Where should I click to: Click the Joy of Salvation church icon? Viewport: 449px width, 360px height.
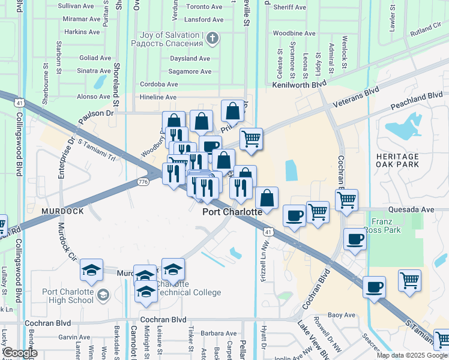(x=211, y=40)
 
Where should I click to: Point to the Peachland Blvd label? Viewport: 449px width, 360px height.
(x=417, y=100)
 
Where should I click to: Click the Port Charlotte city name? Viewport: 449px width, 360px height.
(x=232, y=212)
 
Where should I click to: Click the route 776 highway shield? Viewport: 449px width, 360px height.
(x=143, y=182)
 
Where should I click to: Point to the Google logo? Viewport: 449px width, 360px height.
(x=20, y=353)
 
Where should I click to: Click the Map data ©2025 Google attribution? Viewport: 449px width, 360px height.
(x=411, y=355)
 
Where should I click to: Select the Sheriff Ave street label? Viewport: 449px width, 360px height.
(x=288, y=7)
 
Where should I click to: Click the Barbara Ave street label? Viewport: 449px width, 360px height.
(x=220, y=334)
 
